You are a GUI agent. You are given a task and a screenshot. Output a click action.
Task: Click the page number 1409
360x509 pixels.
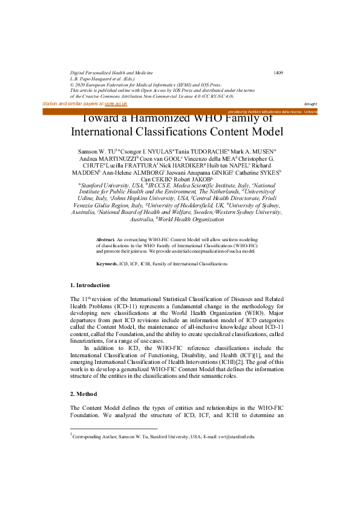(278, 73)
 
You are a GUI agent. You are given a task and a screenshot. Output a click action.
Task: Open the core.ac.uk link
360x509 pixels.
(116, 104)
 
